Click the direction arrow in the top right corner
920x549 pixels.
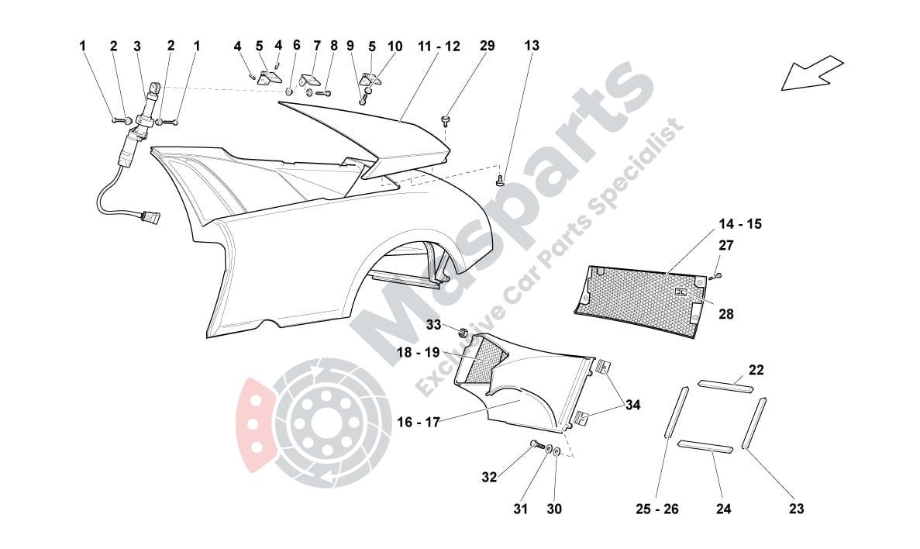click(811, 73)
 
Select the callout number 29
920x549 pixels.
click(487, 46)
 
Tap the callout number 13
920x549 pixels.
click(531, 46)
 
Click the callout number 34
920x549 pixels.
click(633, 404)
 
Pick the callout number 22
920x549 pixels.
click(756, 370)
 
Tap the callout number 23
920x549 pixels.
click(796, 509)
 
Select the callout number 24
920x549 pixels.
click(723, 509)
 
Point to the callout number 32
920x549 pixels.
click(489, 478)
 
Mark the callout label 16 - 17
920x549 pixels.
click(419, 423)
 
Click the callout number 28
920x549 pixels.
click(725, 314)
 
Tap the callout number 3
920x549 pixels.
click(137, 46)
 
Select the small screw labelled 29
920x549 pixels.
click(446, 119)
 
